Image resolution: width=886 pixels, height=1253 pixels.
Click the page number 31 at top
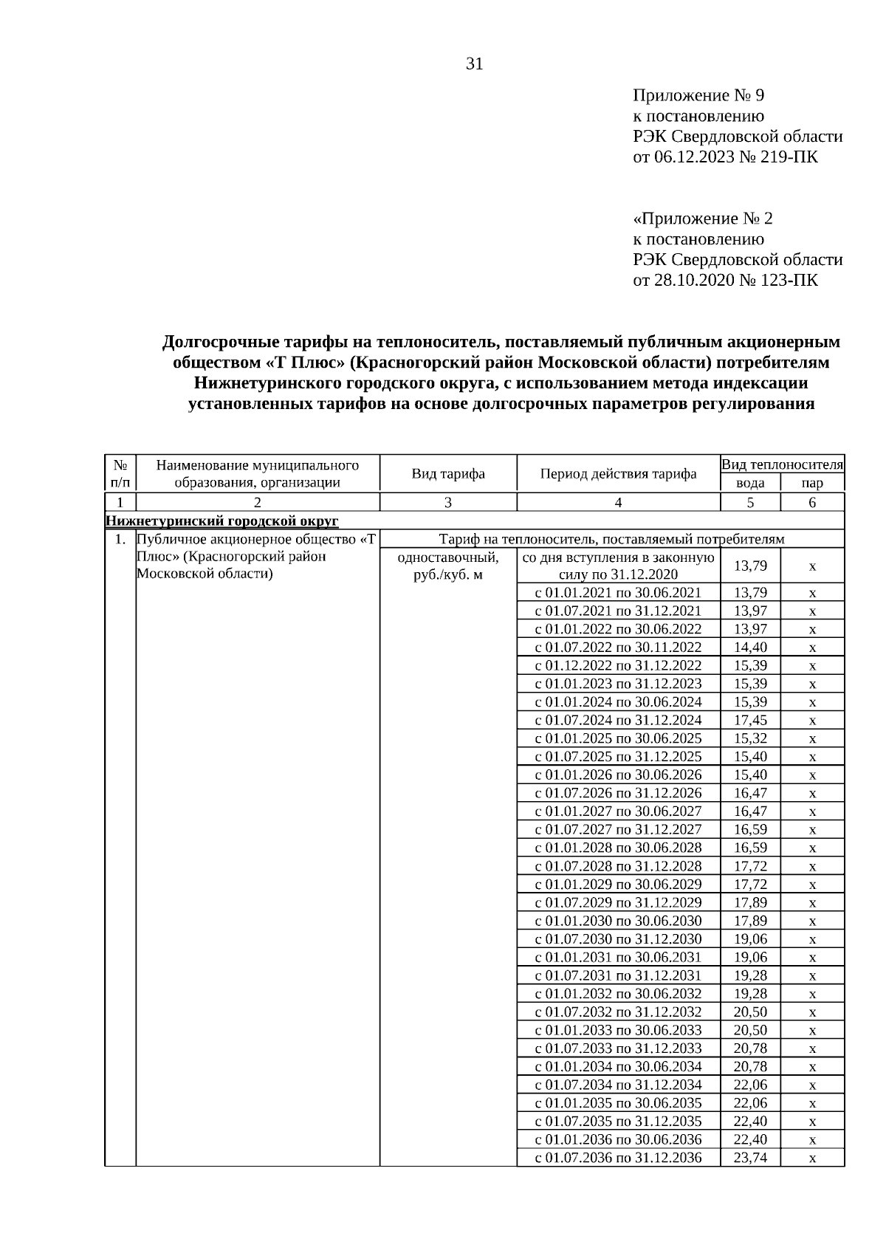tap(475, 64)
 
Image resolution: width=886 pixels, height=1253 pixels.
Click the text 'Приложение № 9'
tap(698, 95)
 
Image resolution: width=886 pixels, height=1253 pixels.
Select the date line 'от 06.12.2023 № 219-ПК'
tap(725, 157)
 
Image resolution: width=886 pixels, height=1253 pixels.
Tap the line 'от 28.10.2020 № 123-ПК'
tap(725, 281)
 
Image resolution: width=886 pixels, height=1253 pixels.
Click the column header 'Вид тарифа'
tap(448, 473)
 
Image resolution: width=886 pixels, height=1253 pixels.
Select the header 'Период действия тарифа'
tap(618, 473)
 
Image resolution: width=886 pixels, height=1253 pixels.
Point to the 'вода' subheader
tap(750, 483)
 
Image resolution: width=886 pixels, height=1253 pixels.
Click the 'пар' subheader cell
tap(812, 483)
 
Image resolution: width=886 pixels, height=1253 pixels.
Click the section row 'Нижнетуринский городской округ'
tap(222, 521)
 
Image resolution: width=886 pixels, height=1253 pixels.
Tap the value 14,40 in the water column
tap(750, 648)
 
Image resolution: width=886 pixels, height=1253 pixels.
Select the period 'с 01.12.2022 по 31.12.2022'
tap(618, 666)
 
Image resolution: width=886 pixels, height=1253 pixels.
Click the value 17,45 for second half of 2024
tap(750, 721)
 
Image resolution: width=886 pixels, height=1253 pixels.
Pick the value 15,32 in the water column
tap(750, 738)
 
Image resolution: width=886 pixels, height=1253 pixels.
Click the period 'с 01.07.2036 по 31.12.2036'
tap(618, 1158)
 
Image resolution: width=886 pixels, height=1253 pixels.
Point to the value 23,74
tap(750, 1158)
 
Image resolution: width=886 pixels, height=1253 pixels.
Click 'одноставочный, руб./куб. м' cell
tap(448, 566)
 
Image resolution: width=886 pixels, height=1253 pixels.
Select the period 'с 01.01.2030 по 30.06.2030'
tap(618, 921)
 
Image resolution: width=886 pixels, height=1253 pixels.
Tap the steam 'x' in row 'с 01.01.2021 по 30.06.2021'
tap(812, 593)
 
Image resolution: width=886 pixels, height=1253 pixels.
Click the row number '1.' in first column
tap(120, 540)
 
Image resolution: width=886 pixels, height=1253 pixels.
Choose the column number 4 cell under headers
tap(618, 503)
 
